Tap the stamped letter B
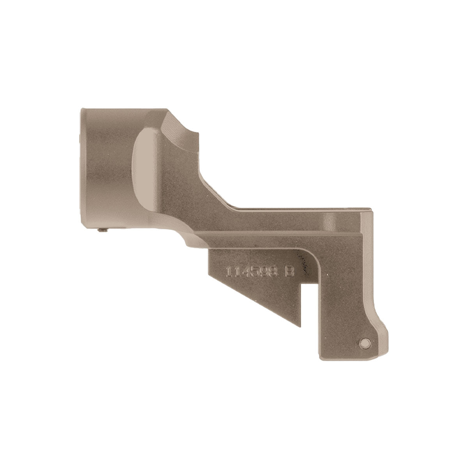(x=289, y=272)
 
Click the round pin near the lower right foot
(x=365, y=342)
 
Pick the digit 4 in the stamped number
(x=245, y=272)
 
